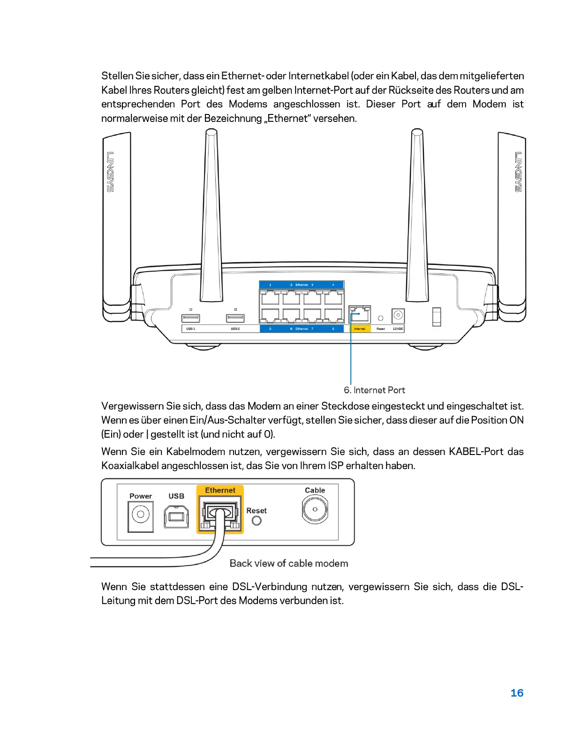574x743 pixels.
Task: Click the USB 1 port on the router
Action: coord(190,318)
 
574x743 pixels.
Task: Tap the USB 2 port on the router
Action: coord(235,318)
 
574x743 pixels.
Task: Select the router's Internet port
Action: coord(360,314)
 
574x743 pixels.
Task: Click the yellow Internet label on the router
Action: coord(360,329)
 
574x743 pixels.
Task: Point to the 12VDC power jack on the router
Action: coord(398,315)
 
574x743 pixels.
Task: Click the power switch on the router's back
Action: coord(437,316)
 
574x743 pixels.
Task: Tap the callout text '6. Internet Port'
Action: coord(374,390)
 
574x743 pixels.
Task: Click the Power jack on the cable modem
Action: coord(141,515)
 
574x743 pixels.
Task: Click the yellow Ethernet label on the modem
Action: coord(220,491)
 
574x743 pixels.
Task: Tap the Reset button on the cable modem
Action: coord(257,521)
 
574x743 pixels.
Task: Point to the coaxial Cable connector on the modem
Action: coord(315,509)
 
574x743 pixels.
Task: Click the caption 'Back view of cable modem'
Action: coord(289,563)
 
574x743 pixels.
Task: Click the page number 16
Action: coord(517,693)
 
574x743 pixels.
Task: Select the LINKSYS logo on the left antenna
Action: coord(110,172)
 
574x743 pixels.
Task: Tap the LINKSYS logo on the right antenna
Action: coord(518,172)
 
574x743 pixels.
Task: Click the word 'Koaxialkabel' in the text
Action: coord(130,466)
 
